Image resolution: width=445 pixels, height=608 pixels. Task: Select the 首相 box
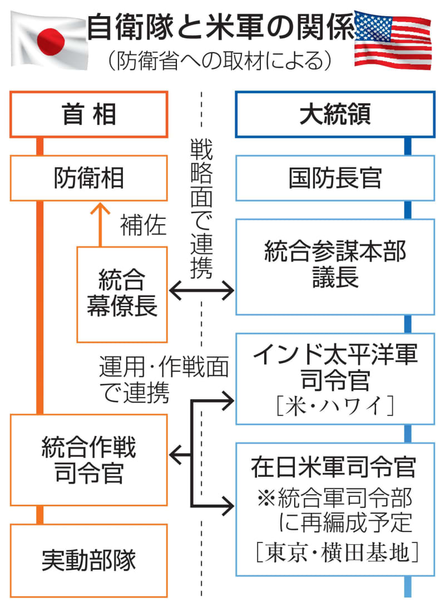[89, 115]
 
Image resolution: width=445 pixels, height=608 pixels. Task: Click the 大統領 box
[335, 115]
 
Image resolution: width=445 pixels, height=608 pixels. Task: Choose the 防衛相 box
[89, 178]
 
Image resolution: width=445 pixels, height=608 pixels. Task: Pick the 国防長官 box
[335, 178]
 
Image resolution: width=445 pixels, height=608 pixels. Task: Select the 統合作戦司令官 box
[89, 460]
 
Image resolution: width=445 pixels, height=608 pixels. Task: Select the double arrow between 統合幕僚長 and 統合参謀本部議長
[201, 289]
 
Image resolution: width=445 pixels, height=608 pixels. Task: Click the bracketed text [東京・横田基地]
[335, 552]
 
